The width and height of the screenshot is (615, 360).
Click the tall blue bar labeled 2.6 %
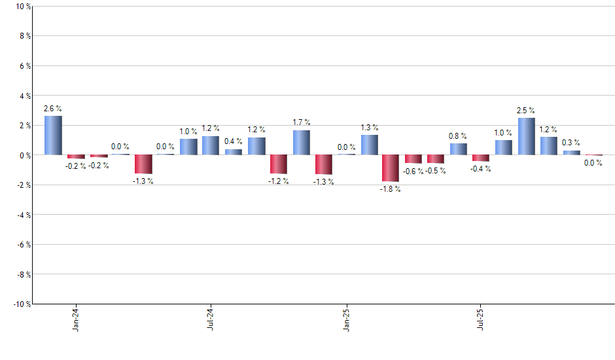tap(53, 135)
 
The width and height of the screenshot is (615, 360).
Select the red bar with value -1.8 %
tap(391, 168)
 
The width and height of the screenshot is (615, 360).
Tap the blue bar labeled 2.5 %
tap(526, 136)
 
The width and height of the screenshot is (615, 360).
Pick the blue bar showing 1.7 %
tap(301, 143)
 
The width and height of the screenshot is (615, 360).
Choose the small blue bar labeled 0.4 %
tap(234, 152)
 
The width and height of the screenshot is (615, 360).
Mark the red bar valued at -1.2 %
tap(279, 164)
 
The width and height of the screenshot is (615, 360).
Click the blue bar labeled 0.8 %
tap(458, 149)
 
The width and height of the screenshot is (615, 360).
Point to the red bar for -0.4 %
tap(481, 158)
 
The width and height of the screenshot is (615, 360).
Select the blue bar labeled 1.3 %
tap(369, 145)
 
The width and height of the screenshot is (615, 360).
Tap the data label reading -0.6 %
tap(412, 171)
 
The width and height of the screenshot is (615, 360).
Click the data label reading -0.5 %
tap(435, 171)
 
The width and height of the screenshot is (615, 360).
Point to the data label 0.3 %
tap(571, 143)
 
